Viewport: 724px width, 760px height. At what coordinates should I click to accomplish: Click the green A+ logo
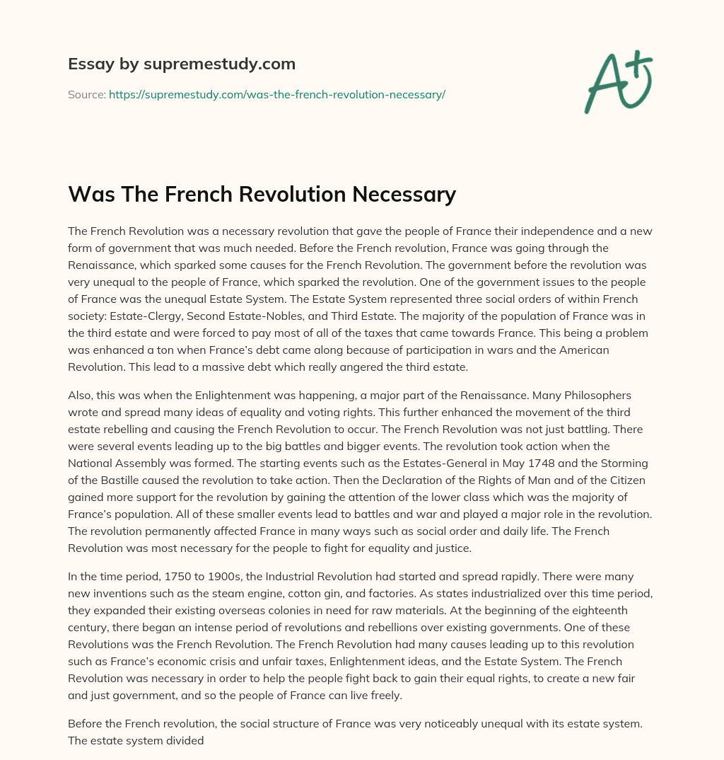pyautogui.click(x=617, y=82)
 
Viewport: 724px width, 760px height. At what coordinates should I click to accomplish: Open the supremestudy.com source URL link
pyautogui.click(x=276, y=94)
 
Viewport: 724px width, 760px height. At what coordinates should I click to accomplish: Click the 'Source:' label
pyautogui.click(x=86, y=94)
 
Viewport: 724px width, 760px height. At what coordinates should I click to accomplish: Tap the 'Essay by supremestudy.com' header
pyautogui.click(x=181, y=64)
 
